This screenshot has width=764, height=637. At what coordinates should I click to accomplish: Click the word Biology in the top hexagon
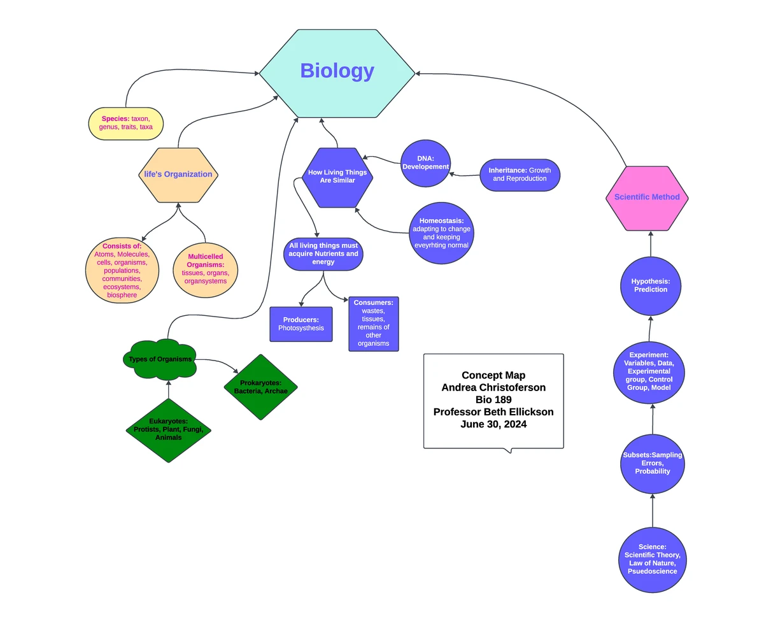pyautogui.click(x=337, y=71)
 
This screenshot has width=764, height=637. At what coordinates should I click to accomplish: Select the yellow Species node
pyautogui.click(x=125, y=123)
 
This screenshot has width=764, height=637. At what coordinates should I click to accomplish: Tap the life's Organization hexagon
pyautogui.click(x=178, y=175)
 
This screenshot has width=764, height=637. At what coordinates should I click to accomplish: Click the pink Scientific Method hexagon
pyautogui.click(x=647, y=197)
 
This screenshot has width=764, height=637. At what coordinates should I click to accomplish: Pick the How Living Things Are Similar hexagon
pyautogui.click(x=337, y=176)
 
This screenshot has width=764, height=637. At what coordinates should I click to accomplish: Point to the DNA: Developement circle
pyautogui.click(x=425, y=163)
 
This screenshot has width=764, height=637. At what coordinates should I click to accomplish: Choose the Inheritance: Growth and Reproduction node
pyautogui.click(x=520, y=175)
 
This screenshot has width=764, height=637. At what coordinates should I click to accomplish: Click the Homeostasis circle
pyautogui.click(x=441, y=233)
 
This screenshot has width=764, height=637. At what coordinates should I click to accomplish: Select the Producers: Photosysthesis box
pyautogui.click(x=301, y=324)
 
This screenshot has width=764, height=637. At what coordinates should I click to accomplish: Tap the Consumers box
pyautogui.click(x=373, y=324)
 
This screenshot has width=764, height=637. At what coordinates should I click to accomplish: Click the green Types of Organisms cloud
pyautogui.click(x=159, y=359)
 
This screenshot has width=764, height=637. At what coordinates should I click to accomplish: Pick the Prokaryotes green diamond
pyautogui.click(x=260, y=387)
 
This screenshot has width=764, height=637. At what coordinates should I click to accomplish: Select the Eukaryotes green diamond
pyautogui.click(x=168, y=430)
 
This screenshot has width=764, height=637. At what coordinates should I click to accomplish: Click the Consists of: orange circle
pyautogui.click(x=122, y=270)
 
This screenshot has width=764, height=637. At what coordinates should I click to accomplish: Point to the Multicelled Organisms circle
pyautogui.click(x=205, y=269)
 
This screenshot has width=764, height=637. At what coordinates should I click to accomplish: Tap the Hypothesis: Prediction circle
pyautogui.click(x=650, y=285)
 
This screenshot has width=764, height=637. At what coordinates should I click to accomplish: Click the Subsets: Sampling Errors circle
pyautogui.click(x=652, y=463)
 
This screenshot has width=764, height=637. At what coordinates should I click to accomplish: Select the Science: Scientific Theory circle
pyautogui.click(x=652, y=559)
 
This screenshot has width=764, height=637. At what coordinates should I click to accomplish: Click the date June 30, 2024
pyautogui.click(x=493, y=424)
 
